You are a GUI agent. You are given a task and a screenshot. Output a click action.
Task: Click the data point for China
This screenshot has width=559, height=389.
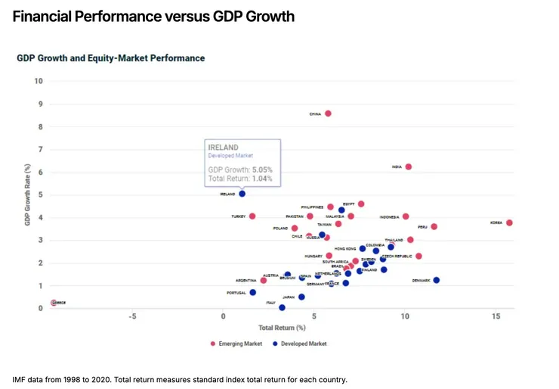click(x=328, y=114)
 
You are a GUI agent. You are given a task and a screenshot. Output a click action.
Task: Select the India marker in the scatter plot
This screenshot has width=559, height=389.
click(x=409, y=166)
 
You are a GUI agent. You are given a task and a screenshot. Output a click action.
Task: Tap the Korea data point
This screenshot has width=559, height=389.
click(x=510, y=223)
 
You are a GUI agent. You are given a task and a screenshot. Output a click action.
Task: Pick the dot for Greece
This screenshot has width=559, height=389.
click(x=53, y=303)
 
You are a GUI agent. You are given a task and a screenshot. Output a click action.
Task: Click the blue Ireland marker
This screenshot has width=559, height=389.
click(x=242, y=194)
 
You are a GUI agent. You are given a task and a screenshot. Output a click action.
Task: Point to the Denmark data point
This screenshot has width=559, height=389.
click(x=436, y=280)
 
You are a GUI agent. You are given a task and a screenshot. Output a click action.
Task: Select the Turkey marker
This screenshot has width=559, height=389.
click(x=252, y=216)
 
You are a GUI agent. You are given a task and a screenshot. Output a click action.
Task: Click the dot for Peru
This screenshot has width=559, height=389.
click(x=434, y=226)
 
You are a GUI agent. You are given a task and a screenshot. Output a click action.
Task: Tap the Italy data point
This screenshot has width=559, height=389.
click(x=282, y=307)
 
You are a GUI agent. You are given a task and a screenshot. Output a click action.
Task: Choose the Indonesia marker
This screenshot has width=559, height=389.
click(x=406, y=216)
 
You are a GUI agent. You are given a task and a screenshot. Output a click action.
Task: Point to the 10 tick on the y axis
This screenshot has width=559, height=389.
click(x=39, y=81)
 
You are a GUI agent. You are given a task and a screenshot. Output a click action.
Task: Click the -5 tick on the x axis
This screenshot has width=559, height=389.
click(x=132, y=316)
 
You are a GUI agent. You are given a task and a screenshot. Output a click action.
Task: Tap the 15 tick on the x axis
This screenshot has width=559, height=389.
click(x=496, y=316)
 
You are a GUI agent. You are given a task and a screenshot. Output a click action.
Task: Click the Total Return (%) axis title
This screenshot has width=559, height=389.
click(x=282, y=328)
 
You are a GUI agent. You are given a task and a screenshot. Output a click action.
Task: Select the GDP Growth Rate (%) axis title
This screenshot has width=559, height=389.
click(x=27, y=194)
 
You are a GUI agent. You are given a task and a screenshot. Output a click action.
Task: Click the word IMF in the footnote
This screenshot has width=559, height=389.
click(x=20, y=379)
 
